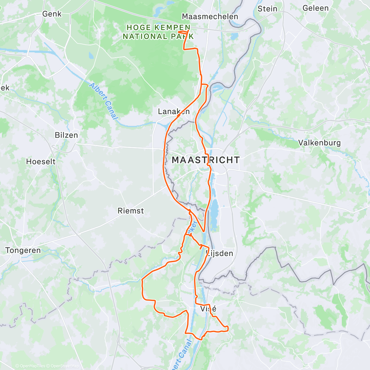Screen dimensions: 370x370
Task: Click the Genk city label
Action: click(52, 14)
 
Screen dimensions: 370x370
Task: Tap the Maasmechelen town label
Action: click(210, 17)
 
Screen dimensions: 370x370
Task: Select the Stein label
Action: click(267, 9)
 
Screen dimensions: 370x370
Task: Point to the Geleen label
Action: click(316, 8)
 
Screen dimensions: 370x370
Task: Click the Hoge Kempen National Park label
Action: click(158, 32)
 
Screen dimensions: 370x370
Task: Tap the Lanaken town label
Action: click(174, 112)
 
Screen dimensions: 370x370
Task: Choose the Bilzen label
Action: click(66, 135)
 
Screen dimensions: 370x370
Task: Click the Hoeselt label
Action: click(41, 162)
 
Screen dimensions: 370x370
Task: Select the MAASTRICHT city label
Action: click(205, 160)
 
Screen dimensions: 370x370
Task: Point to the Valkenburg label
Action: click(319, 143)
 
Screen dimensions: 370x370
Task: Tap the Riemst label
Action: click(131, 211)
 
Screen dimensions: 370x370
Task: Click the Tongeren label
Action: click(23, 250)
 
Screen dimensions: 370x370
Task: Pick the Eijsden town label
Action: click(220, 253)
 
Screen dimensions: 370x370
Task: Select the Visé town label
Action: click(208, 309)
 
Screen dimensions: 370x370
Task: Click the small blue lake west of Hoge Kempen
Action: click(91, 56)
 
